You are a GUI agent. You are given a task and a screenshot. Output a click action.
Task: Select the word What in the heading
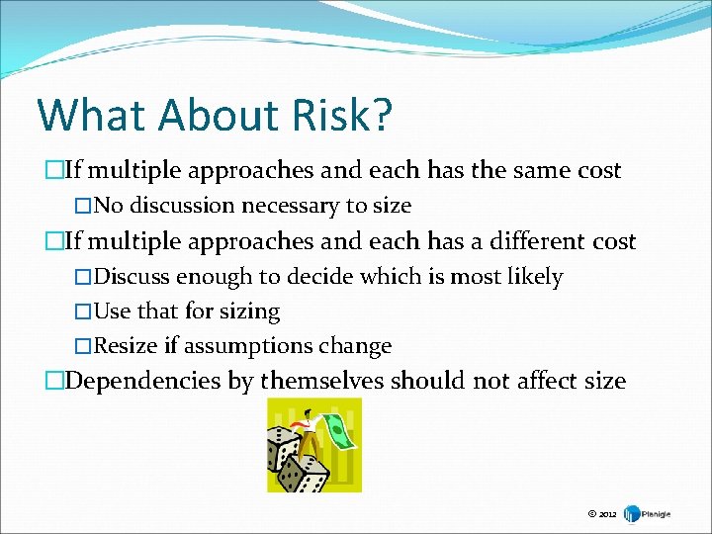point(82,115)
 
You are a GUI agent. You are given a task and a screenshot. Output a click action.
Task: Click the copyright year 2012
point(608,514)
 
